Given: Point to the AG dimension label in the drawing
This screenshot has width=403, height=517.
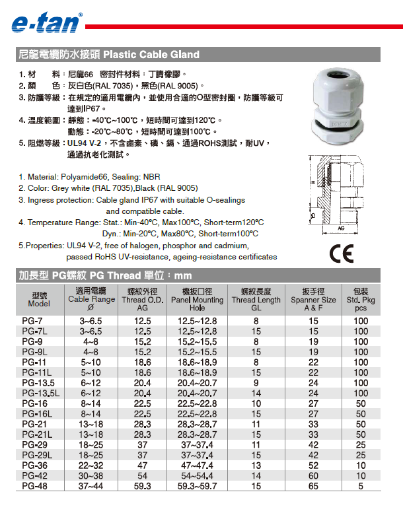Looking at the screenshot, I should click(x=342, y=228).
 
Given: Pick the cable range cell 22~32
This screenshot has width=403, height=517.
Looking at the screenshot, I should click(x=91, y=465).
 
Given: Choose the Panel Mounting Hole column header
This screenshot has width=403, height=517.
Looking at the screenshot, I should click(x=197, y=300).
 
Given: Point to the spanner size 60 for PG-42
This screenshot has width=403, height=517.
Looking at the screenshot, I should click(x=314, y=476).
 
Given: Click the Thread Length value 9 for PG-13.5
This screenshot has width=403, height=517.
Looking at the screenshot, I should click(x=256, y=383).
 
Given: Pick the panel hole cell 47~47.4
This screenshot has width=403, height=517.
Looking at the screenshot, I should click(x=197, y=465).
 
